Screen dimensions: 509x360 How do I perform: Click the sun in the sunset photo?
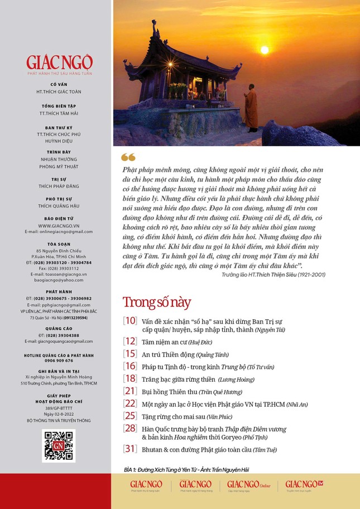(x=265, y=50)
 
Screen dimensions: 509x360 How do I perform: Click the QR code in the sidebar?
(x=59, y=446)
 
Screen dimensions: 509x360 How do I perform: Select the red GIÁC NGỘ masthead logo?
(x=59, y=62)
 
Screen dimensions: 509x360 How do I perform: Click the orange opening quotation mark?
(x=128, y=157)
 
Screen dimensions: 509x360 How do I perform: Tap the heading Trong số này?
(x=156, y=302)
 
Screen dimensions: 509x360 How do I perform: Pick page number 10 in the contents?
(x=129, y=321)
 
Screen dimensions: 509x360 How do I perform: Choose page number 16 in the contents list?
(x=129, y=366)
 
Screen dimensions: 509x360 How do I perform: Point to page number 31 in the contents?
(x=129, y=449)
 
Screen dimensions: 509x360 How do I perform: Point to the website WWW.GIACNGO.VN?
(x=59, y=225)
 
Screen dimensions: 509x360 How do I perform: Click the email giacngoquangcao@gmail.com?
(x=59, y=341)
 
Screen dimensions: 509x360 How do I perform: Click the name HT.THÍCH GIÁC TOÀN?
(x=59, y=91)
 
